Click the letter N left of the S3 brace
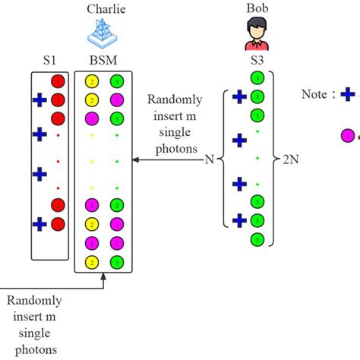point(207,160)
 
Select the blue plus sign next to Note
point(348,95)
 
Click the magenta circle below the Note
point(347,135)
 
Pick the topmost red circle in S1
point(58,81)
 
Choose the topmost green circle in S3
point(257,77)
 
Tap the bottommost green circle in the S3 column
point(257,238)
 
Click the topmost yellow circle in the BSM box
point(92,81)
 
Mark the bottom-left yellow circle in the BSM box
point(92,263)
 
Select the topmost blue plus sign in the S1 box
point(39,99)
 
